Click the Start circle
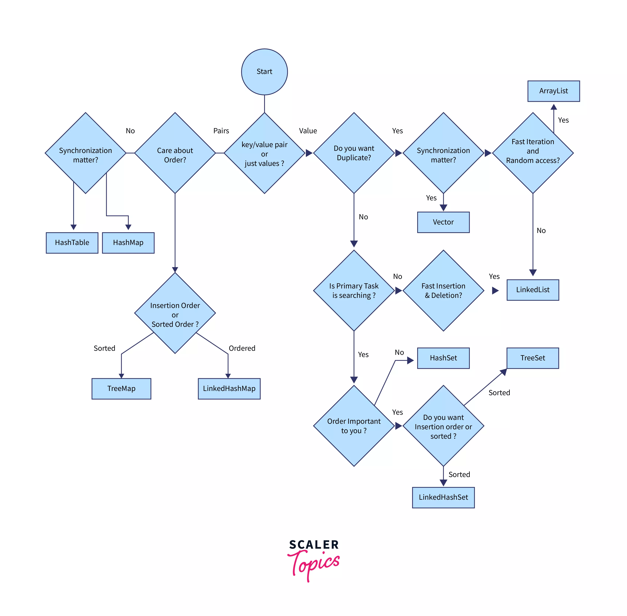(264, 72)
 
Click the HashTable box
(72, 243)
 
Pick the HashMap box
(128, 243)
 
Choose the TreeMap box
(121, 389)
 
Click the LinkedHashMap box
(229, 389)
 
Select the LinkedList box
(533, 290)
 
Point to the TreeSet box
(533, 358)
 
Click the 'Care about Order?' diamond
(175, 153)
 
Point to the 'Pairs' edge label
(221, 131)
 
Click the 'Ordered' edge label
(242, 348)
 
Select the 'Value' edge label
(308, 131)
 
